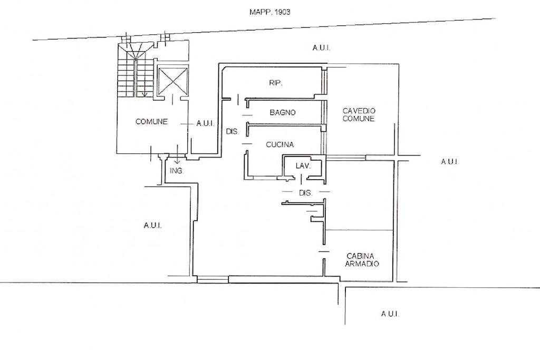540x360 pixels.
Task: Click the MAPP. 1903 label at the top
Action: coord(269,12)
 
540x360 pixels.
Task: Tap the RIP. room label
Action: coord(275,83)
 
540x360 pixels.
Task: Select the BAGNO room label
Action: coord(283,112)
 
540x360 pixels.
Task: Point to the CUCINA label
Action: coord(279,144)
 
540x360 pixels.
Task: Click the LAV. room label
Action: coord(303,166)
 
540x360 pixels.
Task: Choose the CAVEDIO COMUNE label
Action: coord(359,114)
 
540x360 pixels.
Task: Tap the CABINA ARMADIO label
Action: coord(362,260)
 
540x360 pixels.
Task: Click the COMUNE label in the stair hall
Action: coord(151,121)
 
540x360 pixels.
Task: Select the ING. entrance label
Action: coord(177,171)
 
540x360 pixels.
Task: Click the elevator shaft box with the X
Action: coord(173,81)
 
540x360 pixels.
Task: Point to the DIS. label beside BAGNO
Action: coord(233,131)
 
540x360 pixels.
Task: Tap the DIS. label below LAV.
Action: coord(306,193)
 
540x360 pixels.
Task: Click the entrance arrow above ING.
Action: coord(177,154)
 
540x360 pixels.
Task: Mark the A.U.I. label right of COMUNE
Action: coord(205,123)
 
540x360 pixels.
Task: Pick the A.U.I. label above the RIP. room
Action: coord(321,48)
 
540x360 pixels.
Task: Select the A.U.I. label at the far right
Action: coord(449,161)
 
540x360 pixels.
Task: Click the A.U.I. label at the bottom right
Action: coord(390,314)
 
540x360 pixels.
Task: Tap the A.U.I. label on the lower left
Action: coord(152,226)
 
